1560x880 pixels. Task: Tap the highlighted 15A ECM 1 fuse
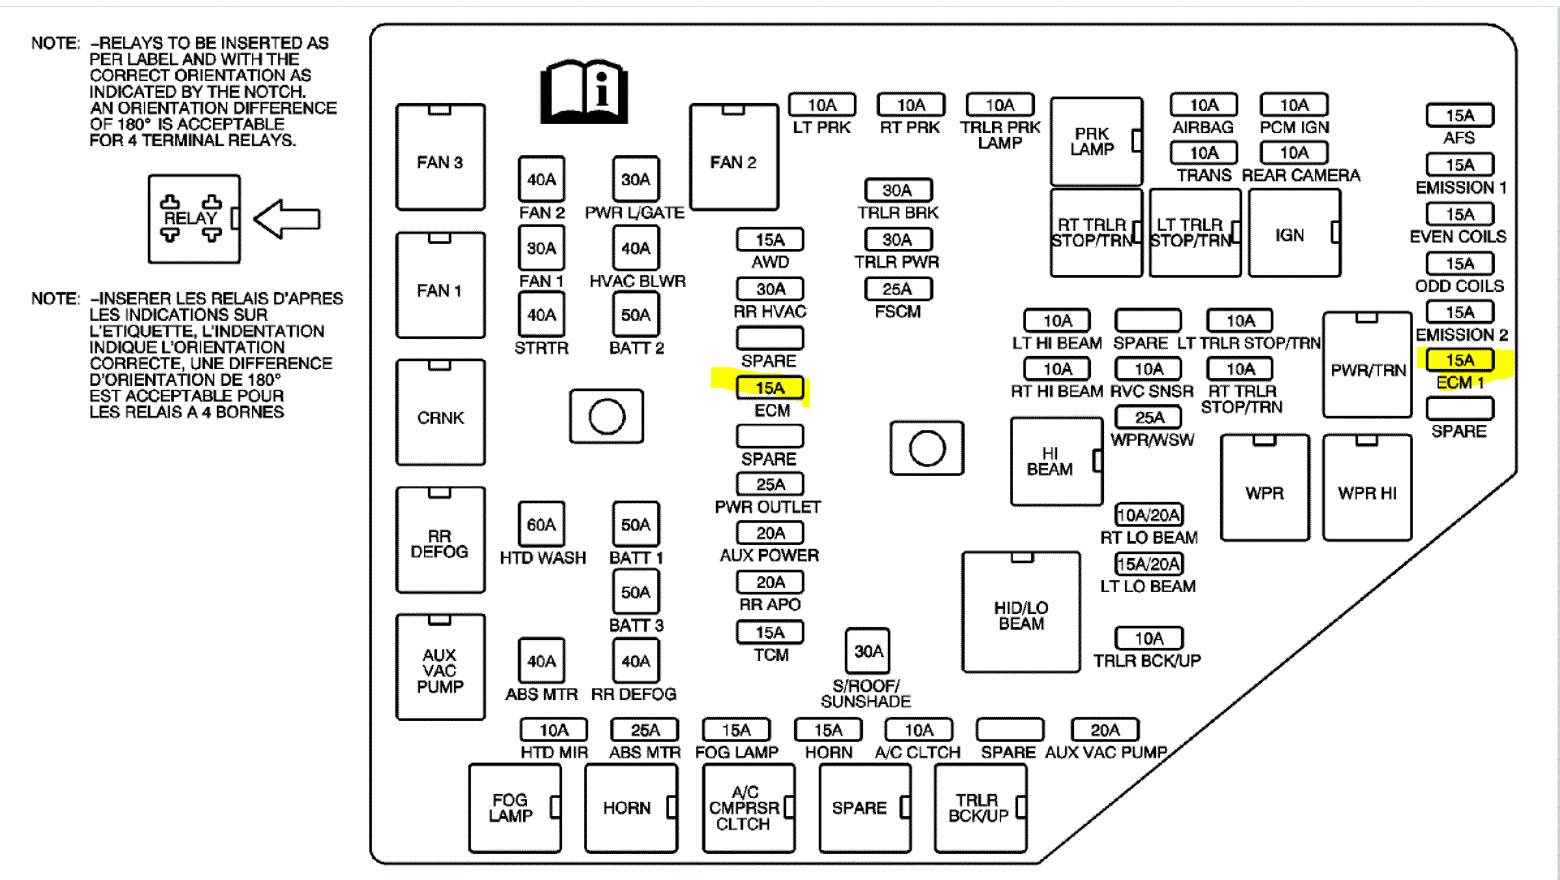click(x=1459, y=360)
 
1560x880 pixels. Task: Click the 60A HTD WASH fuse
click(x=541, y=524)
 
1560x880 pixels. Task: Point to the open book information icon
click(x=584, y=91)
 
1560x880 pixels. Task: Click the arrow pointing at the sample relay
click(x=287, y=219)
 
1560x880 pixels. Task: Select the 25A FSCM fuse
click(x=897, y=289)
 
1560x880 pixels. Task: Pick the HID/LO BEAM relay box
click(x=1021, y=612)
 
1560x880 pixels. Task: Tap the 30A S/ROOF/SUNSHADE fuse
click(x=868, y=652)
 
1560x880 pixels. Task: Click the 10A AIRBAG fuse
click(x=1204, y=105)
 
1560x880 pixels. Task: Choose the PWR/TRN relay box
click(x=1367, y=365)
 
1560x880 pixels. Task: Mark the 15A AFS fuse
click(x=1459, y=116)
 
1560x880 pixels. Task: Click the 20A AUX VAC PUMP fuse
click(x=1105, y=730)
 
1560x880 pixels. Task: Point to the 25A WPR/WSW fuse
click(x=1149, y=417)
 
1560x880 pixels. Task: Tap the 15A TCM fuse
click(x=770, y=632)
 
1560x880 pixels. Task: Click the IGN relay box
click(x=1294, y=233)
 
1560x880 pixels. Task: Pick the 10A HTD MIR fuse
click(x=554, y=730)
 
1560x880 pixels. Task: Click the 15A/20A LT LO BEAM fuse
click(x=1149, y=564)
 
